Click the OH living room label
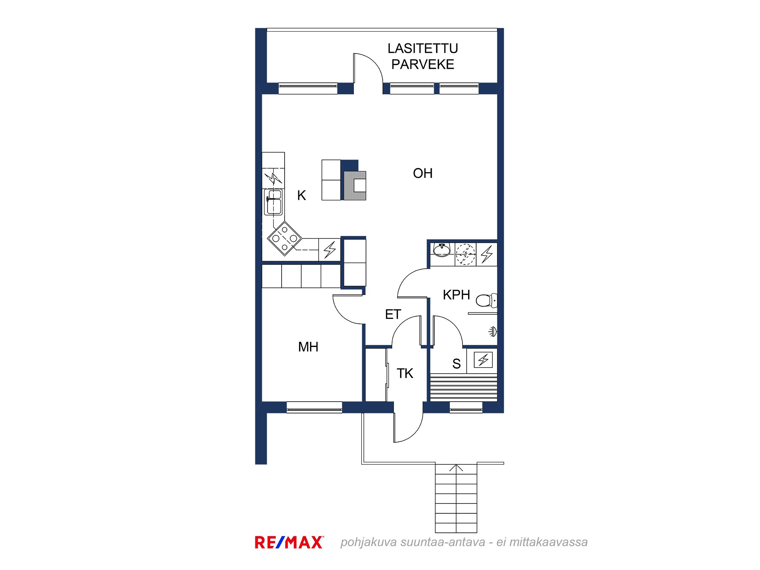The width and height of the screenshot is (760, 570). pyautogui.click(x=423, y=173)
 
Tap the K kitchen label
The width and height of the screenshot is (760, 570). pyautogui.click(x=301, y=195)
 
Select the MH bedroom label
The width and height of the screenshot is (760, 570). pyautogui.click(x=308, y=347)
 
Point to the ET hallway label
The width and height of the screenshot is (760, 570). pyautogui.click(x=393, y=314)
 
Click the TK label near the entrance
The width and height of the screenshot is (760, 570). pyautogui.click(x=405, y=374)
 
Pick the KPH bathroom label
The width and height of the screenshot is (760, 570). pyautogui.click(x=456, y=295)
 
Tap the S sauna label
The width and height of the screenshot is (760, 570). pyautogui.click(x=456, y=364)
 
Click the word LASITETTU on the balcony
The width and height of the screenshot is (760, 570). pyautogui.click(x=423, y=49)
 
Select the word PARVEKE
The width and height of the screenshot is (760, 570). pyautogui.click(x=423, y=65)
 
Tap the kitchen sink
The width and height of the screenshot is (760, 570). pyautogui.click(x=274, y=202)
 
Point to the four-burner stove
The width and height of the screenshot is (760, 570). pyautogui.click(x=285, y=239)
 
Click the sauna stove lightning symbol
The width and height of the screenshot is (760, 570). pyautogui.click(x=483, y=359)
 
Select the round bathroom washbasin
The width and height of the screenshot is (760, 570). pyautogui.click(x=442, y=250)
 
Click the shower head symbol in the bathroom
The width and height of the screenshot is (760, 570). pyautogui.click(x=492, y=332)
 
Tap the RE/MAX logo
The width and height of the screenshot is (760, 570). pyautogui.click(x=289, y=542)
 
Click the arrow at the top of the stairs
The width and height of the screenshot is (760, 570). pyautogui.click(x=456, y=468)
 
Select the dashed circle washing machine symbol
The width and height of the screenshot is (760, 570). pyautogui.click(x=465, y=254)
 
